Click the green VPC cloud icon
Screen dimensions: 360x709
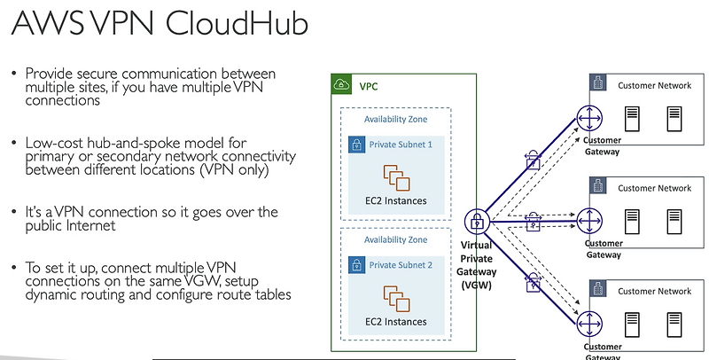[x=341, y=86]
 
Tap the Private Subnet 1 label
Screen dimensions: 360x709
[x=401, y=144]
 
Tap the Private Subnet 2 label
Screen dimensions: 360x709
[x=401, y=264]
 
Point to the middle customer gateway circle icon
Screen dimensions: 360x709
[x=588, y=218]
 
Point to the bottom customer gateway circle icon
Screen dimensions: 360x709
[x=588, y=322]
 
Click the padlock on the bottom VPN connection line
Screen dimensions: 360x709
[x=533, y=284]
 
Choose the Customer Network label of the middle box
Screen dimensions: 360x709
[x=654, y=188]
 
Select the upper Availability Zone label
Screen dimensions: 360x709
[x=396, y=120]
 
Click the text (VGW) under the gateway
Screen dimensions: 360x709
[x=477, y=286]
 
